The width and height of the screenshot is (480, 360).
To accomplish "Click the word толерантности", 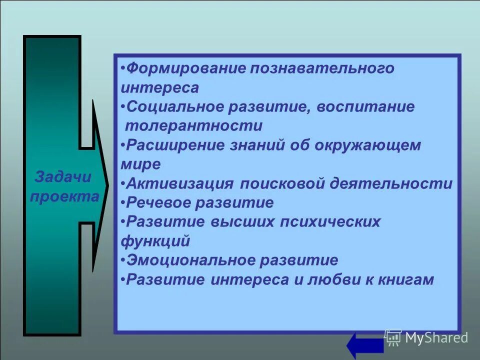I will point(194,125).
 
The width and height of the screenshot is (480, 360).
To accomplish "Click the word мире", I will point(140,164).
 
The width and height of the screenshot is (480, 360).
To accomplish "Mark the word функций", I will point(155,241).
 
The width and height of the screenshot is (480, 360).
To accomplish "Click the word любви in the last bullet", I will point(318,279).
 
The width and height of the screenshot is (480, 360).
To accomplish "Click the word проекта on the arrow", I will point(64,196).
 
